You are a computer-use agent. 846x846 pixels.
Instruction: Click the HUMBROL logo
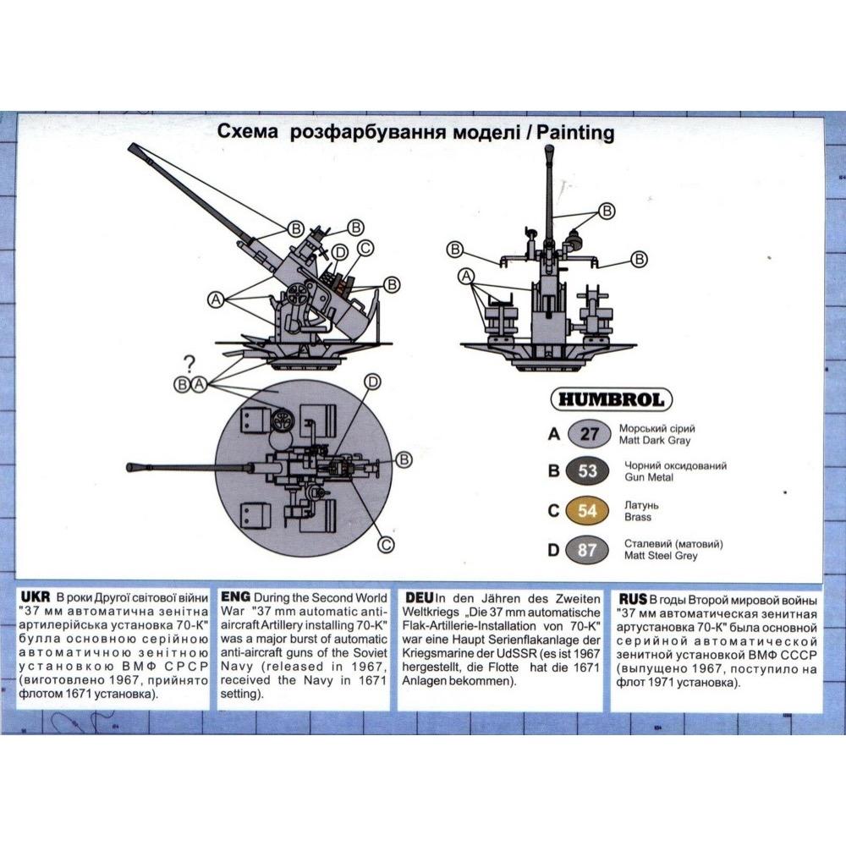(x=612, y=399)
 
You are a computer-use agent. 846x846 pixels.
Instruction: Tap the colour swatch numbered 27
(x=589, y=434)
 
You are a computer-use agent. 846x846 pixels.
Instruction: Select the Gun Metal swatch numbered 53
(x=587, y=471)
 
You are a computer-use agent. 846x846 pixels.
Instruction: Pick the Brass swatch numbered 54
(x=587, y=510)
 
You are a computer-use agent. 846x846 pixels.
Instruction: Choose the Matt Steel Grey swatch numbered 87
(x=587, y=550)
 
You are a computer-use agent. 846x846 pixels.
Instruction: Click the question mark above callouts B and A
(x=189, y=363)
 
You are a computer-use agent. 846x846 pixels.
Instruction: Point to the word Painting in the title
(x=575, y=133)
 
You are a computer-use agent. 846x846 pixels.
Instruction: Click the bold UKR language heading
(x=35, y=596)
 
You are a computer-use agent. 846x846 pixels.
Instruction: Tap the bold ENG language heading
(x=235, y=596)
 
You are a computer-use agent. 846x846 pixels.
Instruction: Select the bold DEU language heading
(x=420, y=598)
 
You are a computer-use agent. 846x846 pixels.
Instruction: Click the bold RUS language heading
(x=632, y=599)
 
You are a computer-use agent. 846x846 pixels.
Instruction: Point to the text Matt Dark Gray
(x=655, y=440)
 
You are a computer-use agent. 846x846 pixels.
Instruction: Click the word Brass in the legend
(x=638, y=517)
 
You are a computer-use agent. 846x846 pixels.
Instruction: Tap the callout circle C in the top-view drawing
(x=386, y=544)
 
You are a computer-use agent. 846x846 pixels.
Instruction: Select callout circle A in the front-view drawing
(x=465, y=277)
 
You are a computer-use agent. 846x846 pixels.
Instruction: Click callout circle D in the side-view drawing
(x=340, y=252)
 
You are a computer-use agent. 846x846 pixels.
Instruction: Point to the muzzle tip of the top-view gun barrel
(x=129, y=467)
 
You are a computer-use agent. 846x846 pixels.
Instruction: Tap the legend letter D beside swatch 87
(x=553, y=550)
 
